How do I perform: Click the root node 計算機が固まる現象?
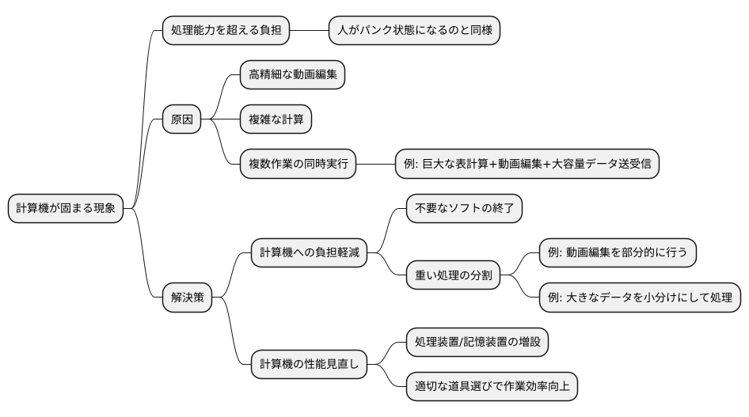pos(66,209)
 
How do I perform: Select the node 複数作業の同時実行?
pos(297,165)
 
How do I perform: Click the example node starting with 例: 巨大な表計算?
pos(527,165)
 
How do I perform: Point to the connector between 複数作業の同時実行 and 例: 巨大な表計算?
pos(375,165)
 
